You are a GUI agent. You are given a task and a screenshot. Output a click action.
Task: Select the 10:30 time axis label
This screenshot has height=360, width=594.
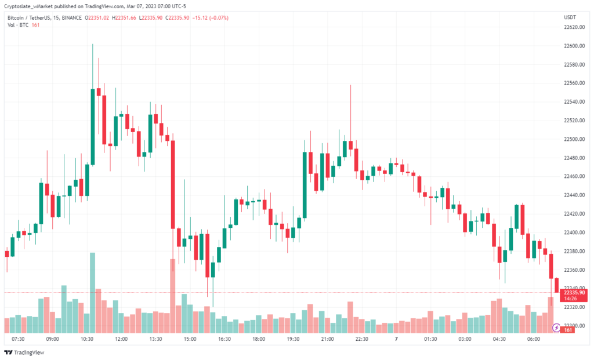pos(87,339)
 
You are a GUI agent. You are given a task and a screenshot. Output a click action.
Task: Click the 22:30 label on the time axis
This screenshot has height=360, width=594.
pos(361,339)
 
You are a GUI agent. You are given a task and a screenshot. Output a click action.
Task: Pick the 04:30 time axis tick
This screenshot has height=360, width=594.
pos(498,339)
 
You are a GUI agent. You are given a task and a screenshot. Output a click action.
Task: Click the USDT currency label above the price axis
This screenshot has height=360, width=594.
pos(570,18)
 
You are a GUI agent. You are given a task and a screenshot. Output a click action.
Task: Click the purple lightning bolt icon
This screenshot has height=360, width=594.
pos(556,328)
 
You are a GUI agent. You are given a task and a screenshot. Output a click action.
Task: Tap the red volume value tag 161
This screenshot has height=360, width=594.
pos(568,330)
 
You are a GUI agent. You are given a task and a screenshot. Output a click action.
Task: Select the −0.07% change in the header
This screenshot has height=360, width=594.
pos(218,18)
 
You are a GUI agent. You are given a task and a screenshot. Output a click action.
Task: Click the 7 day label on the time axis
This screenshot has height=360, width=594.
pos(396,339)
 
